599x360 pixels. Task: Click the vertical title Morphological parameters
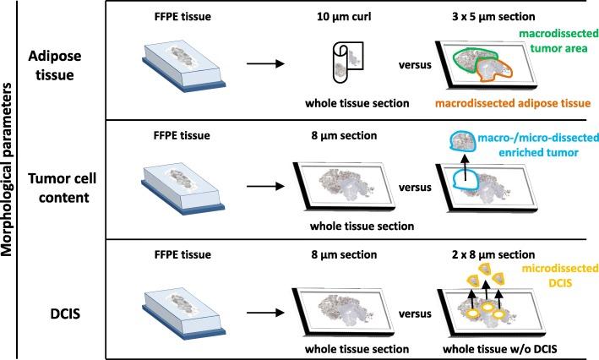coord(13,179)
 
